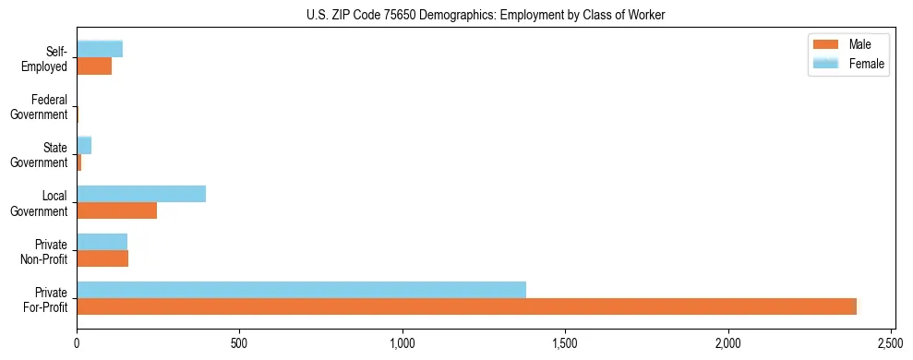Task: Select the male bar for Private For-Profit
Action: [466, 306]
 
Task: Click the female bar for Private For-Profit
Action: [301, 290]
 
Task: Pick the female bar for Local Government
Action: [141, 194]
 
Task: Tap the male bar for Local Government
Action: [116, 210]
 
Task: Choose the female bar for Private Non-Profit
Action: [102, 242]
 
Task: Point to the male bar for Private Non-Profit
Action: [102, 258]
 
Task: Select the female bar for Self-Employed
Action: [100, 50]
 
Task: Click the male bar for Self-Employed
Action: [94, 66]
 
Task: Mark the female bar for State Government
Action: [84, 146]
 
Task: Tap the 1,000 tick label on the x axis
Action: [402, 343]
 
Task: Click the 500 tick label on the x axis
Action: [239, 343]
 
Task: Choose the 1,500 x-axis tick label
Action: [565, 343]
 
